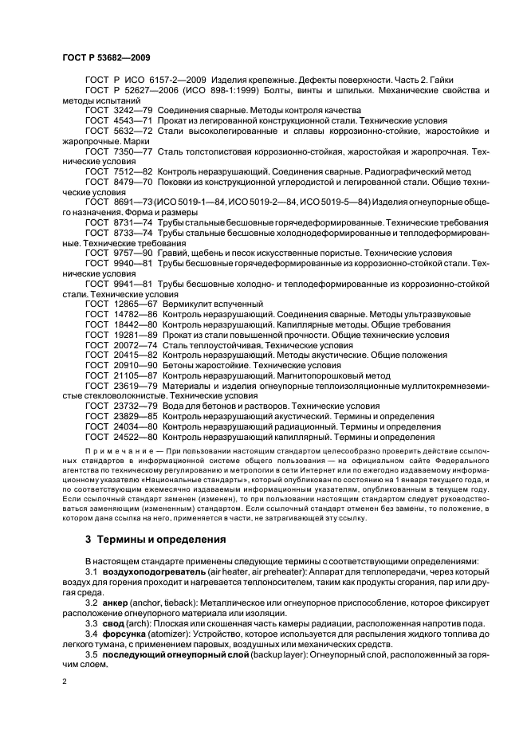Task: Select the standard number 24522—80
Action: (x=132, y=437)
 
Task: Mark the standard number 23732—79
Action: (x=132, y=406)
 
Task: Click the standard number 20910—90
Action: (x=132, y=363)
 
